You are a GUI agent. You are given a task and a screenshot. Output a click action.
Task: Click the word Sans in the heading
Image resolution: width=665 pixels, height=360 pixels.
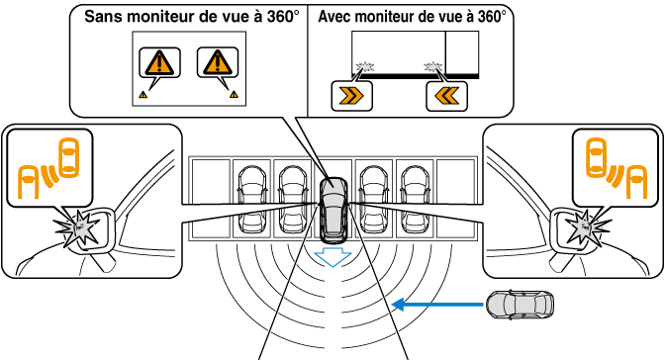103,17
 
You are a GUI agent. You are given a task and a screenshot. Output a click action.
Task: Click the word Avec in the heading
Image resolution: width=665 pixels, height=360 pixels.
335,17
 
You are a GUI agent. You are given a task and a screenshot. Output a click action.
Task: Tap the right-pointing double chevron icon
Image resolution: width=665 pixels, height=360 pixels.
351,96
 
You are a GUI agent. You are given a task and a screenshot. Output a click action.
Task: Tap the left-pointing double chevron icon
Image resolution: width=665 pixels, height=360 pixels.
446,96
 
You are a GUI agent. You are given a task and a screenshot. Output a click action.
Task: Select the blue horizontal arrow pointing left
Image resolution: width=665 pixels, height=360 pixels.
436,305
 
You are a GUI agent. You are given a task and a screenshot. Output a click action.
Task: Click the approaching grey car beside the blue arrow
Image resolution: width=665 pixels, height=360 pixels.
520,305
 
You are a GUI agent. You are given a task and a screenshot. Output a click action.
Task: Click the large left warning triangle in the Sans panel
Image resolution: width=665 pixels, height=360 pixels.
159,62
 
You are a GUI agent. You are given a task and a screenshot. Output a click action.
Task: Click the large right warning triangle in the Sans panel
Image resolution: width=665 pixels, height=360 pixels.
218,62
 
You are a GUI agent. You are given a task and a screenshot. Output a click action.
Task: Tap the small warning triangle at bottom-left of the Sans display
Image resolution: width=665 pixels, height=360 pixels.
142,95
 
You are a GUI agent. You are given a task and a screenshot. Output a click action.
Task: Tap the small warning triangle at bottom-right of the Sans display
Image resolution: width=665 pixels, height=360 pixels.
234,94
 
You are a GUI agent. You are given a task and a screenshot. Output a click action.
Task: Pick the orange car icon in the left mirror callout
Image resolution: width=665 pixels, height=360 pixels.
68,157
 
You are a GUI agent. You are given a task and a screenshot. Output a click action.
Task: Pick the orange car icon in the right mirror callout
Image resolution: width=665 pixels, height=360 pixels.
597,157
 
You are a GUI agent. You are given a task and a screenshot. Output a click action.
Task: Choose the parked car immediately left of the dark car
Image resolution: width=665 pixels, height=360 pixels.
292,200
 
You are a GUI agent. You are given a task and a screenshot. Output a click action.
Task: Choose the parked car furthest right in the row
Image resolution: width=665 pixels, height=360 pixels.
415,200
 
